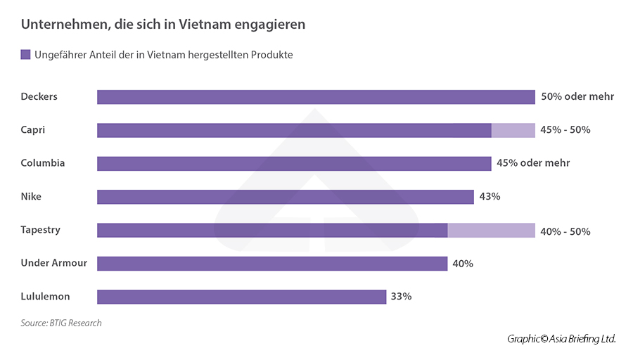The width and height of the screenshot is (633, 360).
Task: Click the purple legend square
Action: (26, 54)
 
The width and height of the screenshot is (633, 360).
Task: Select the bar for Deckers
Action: (316, 97)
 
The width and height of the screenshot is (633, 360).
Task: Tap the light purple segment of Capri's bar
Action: (513, 130)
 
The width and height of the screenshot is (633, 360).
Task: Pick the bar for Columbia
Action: (294, 163)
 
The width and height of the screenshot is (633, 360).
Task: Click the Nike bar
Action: (285, 197)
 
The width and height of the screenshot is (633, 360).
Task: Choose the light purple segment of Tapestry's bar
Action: (491, 231)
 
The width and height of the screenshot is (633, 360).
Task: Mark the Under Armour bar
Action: (272, 264)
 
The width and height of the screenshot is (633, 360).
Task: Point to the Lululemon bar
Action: (241, 297)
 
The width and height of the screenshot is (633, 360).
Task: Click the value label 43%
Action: (490, 197)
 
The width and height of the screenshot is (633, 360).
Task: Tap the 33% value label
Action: (401, 297)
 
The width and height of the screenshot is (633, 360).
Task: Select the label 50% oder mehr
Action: (577, 97)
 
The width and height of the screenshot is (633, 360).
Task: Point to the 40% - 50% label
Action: (565, 231)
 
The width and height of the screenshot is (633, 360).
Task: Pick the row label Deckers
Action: (39, 96)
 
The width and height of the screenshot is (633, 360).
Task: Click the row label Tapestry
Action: (41, 230)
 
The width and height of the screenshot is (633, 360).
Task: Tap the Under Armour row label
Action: (54, 263)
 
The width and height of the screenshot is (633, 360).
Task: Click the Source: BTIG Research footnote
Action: (61, 323)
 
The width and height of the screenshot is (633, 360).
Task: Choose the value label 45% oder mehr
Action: (533, 163)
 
